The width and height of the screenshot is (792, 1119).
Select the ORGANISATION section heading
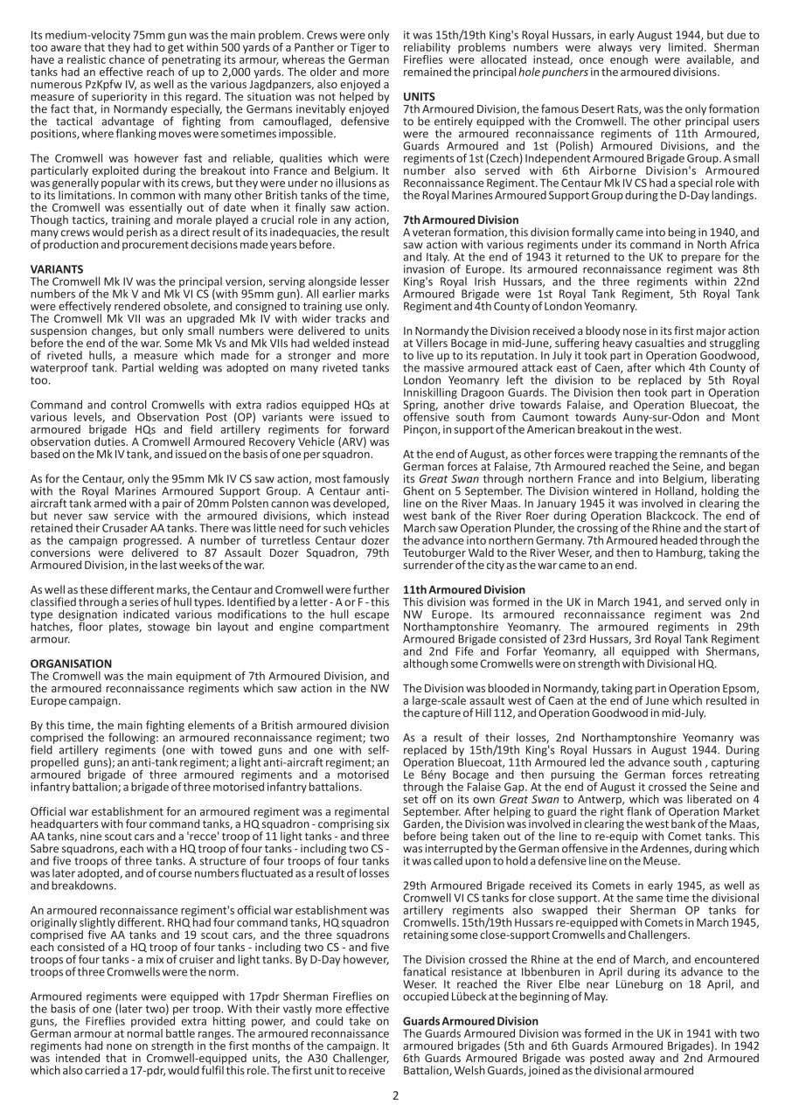(72, 639)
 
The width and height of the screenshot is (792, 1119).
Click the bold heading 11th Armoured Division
(464, 590)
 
